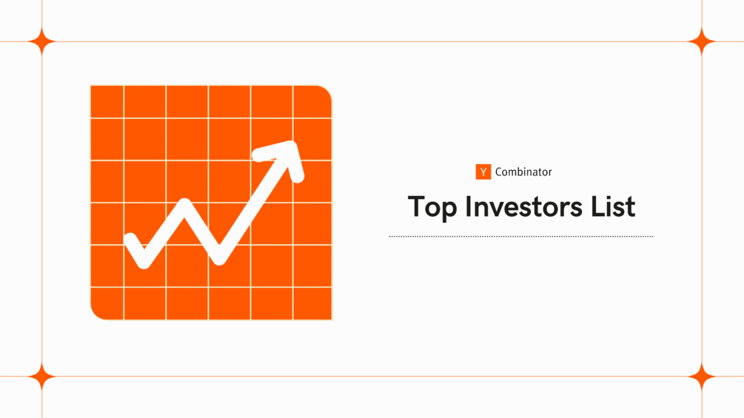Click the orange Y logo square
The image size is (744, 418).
[x=483, y=172]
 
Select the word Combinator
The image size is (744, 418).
[x=523, y=172]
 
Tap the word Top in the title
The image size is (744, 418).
[x=432, y=207]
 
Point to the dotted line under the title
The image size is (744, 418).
[x=521, y=237]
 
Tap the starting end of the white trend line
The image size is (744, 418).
[x=131, y=239]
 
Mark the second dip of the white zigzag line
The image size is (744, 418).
[x=219, y=258]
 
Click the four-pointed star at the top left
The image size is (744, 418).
[x=42, y=42]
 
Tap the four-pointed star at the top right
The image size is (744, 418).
[x=701, y=42]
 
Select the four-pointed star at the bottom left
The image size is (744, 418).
[x=42, y=377]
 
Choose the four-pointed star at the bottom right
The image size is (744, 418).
[x=701, y=377]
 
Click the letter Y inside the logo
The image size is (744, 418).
[x=483, y=172]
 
